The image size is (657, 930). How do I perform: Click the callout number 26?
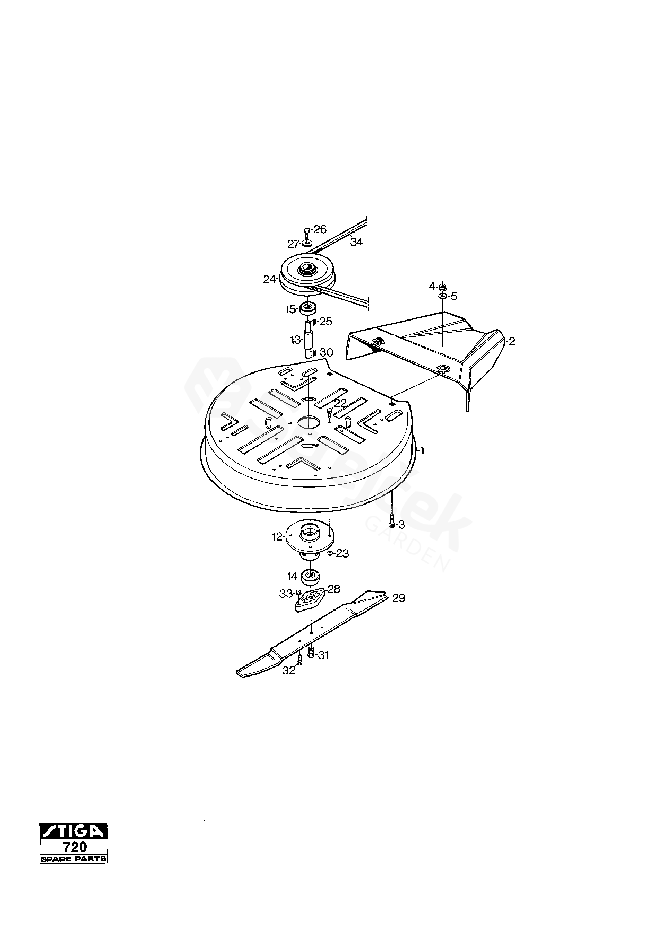(320, 230)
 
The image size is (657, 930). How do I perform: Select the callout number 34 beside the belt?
(357, 242)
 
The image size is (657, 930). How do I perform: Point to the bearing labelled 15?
(308, 308)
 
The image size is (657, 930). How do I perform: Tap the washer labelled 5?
(443, 296)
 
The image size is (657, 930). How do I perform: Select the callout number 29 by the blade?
(399, 598)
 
